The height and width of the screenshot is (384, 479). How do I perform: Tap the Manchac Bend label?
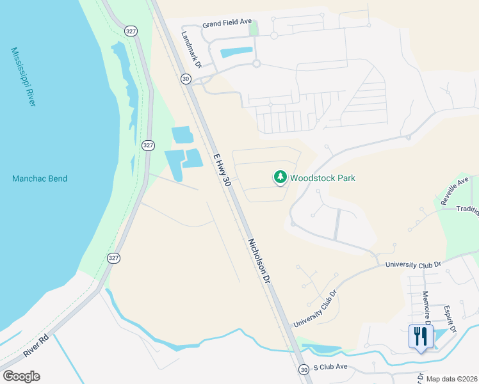(x=40, y=179)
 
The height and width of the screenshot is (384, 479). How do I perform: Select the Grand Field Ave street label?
(x=227, y=22)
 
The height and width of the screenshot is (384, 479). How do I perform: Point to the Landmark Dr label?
(x=191, y=50)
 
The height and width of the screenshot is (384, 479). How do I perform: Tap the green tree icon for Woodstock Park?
(x=280, y=177)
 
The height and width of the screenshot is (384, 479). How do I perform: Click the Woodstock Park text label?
(x=322, y=179)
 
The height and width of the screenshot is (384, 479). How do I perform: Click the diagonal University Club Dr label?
(x=315, y=310)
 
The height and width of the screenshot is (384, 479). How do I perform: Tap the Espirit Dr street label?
(x=449, y=319)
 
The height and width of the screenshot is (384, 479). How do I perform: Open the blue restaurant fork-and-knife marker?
(x=421, y=337)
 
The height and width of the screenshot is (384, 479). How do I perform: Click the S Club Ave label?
(x=330, y=367)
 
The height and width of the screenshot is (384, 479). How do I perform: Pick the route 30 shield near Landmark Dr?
(x=185, y=79)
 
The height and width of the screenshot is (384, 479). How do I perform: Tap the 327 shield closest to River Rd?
(x=113, y=258)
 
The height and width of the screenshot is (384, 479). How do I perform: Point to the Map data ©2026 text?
(x=451, y=379)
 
